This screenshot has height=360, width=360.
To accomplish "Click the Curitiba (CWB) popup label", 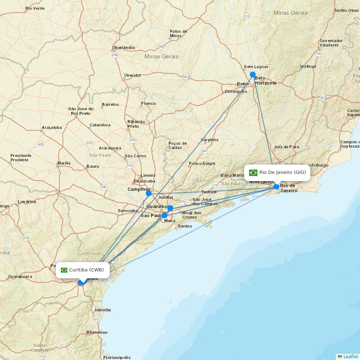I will (x=86, y=270).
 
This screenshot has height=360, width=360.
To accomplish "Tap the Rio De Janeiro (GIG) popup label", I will (x=282, y=172).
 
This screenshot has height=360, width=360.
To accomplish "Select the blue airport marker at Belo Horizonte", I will (x=253, y=75).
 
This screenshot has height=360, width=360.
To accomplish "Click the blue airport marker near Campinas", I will (x=148, y=193).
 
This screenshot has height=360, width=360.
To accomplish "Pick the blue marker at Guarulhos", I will (x=170, y=208).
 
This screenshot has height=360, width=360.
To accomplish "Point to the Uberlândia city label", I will (x=123, y=48).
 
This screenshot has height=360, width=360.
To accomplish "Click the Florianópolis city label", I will (x=117, y=357).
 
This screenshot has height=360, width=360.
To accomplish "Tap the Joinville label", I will (x=102, y=310).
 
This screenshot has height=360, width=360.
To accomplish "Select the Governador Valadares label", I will (x=331, y=43).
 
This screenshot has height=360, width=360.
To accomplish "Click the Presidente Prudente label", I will (x=21, y=158).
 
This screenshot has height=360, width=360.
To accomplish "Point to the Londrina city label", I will (x=27, y=202).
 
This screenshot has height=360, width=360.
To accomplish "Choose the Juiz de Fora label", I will (x=286, y=147).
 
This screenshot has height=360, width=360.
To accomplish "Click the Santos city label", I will (x=185, y=226).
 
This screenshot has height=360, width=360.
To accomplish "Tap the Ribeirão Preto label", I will (x=136, y=124).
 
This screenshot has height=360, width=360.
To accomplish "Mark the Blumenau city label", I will (x=97, y=332).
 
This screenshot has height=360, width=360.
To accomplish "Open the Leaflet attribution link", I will (x=350, y=356).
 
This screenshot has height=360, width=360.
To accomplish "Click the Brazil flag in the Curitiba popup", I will (x=64, y=270).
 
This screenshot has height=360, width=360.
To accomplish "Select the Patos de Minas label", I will (x=178, y=33).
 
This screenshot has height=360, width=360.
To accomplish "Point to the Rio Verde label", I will (x=35, y=8).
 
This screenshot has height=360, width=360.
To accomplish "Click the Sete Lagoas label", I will (x=256, y=67).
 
